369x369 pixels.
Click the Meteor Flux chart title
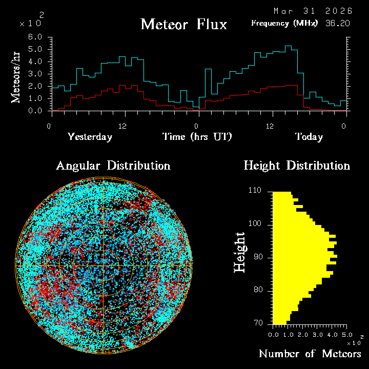click(x=183, y=24)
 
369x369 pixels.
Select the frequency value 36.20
click(x=336, y=23)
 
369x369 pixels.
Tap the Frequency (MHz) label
click(x=284, y=23)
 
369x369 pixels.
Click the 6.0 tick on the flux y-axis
click(x=35, y=37)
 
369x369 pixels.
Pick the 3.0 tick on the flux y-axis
click(x=35, y=74)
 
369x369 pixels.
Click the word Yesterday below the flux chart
click(x=90, y=137)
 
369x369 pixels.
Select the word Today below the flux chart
click(x=309, y=137)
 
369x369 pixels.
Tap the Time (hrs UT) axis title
click(x=197, y=137)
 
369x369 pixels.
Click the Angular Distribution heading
click(x=113, y=166)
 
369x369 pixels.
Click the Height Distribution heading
click(x=297, y=166)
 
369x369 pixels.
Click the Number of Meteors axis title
click(x=310, y=354)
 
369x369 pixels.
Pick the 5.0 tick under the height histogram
click(x=347, y=334)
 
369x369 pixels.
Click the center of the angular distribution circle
click(x=104, y=266)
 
